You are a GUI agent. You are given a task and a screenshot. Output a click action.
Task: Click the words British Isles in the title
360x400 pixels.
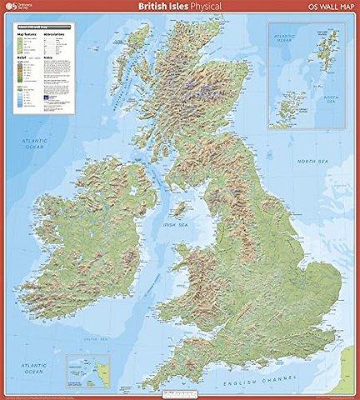163,8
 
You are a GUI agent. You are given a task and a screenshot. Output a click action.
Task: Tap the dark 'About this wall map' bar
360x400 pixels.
42,27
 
